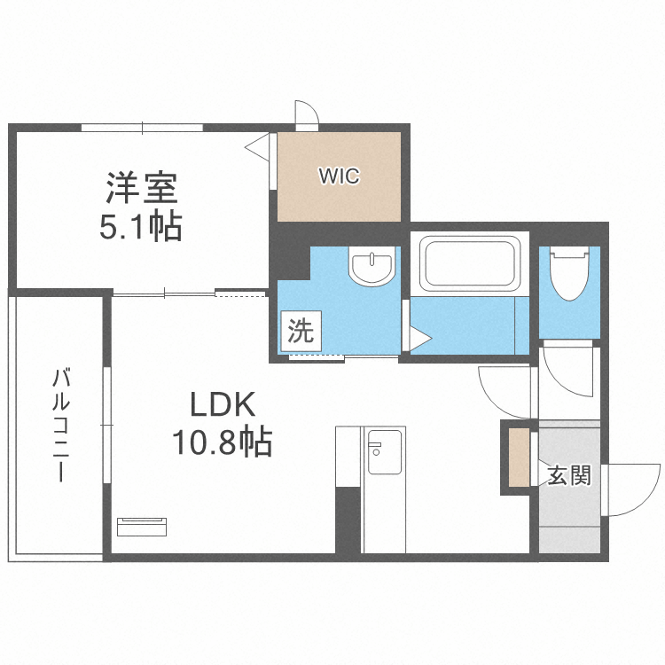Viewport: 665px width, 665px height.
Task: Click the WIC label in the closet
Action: click(340, 176)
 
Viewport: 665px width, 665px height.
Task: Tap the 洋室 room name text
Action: click(142, 188)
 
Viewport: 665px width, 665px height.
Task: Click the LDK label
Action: click(223, 404)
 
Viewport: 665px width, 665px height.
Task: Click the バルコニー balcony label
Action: click(61, 426)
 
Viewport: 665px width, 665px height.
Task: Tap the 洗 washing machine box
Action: click(301, 331)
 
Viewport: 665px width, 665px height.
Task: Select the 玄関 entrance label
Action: click(568, 475)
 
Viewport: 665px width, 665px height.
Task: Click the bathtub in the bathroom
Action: click(470, 263)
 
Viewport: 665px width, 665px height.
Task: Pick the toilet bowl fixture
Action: click(569, 274)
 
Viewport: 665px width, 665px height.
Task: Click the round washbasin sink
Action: click(372, 266)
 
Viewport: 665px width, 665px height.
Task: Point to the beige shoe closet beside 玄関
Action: click(519, 458)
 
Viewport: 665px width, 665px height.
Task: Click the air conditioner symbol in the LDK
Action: click(142, 527)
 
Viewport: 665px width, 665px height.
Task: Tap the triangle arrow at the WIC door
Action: click(257, 147)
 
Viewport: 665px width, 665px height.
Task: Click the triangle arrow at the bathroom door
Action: click(420, 339)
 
